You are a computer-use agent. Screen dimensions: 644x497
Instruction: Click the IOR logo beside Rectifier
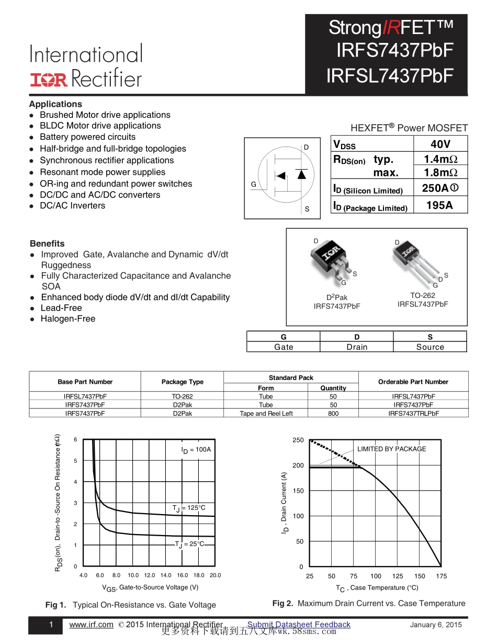(x=49, y=80)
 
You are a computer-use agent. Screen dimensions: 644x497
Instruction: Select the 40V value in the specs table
(x=440, y=145)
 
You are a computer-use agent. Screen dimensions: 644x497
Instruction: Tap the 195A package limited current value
(x=439, y=205)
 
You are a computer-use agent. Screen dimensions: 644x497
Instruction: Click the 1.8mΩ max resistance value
(x=440, y=173)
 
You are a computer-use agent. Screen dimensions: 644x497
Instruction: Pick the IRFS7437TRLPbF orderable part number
(x=413, y=414)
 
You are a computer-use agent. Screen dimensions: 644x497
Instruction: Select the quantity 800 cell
(x=333, y=414)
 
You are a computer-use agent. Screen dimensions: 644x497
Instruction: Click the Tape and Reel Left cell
(x=266, y=414)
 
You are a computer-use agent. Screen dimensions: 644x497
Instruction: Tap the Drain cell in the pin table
(x=357, y=347)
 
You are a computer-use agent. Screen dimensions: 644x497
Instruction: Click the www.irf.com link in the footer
(x=91, y=625)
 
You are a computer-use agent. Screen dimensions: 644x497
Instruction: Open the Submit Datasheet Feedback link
(x=299, y=625)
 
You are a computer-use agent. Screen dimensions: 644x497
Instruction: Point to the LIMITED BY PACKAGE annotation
(x=391, y=449)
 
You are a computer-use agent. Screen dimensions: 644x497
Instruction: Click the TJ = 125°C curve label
(x=189, y=508)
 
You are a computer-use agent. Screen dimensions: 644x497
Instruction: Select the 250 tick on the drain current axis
(x=298, y=440)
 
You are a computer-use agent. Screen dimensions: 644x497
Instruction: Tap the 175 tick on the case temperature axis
(x=441, y=576)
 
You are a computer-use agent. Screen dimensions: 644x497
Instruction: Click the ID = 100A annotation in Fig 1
(x=196, y=450)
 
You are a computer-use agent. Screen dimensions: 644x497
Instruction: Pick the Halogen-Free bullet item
(x=68, y=319)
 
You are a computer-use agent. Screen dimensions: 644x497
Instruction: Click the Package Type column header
(x=182, y=382)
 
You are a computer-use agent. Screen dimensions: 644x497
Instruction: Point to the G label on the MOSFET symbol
(x=253, y=184)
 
